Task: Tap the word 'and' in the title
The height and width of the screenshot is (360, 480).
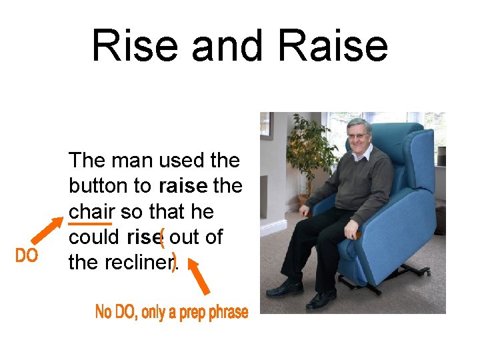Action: coord(223,45)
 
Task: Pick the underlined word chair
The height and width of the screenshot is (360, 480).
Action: coord(91,211)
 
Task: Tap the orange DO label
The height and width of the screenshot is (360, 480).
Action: coord(26,255)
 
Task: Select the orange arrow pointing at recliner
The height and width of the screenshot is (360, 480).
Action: coord(198,277)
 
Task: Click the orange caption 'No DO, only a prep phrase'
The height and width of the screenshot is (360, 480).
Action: coord(171,311)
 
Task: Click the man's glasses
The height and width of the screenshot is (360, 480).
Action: coord(359,136)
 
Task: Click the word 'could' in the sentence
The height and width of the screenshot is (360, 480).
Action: coord(93,237)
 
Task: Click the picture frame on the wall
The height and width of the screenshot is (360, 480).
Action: coord(266,125)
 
